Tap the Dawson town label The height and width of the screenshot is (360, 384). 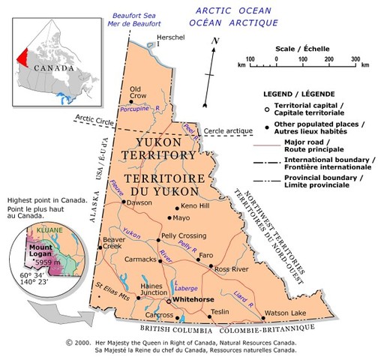tap(139, 202)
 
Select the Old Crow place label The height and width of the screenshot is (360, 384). tap(137, 92)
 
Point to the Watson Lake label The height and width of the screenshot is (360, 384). tap(286, 312)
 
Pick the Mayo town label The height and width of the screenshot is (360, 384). tap(181, 218)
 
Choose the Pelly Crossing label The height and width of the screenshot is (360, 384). tap(184, 236)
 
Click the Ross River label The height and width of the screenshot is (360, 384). tap(232, 268)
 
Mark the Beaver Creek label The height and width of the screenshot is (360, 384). tap(113, 243)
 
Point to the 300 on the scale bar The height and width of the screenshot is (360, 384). tap(355, 58)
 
